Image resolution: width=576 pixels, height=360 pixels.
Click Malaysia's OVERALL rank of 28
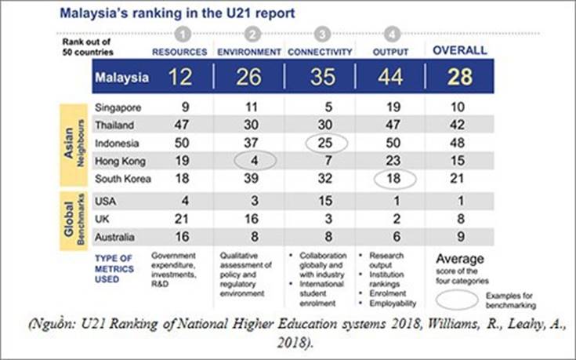[x=460, y=78]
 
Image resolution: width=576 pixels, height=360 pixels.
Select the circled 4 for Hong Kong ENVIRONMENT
[x=255, y=160]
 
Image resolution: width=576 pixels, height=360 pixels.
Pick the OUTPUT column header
[x=389, y=51]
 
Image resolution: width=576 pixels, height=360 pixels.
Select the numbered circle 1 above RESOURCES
[x=182, y=34]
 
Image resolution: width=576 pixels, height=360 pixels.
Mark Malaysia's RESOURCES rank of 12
[x=181, y=78]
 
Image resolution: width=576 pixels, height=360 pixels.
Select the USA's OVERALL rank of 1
[x=460, y=200]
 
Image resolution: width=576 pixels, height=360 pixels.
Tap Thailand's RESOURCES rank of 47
[x=181, y=125]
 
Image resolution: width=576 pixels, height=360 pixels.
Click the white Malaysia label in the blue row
[x=121, y=78]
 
